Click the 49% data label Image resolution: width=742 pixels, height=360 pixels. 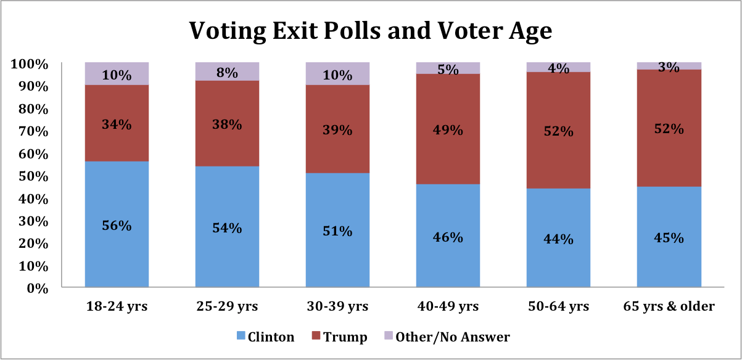448,130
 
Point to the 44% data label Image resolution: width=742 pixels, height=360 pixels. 558,239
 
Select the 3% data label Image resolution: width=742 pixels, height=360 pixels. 669,67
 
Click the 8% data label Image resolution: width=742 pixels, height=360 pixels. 226,72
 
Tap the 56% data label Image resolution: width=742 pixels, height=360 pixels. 117,226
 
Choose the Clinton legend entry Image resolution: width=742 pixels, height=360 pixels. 265,337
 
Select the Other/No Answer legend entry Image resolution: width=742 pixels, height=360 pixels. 445,337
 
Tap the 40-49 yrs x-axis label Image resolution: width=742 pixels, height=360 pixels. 448,306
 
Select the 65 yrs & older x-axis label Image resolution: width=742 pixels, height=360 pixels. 669,306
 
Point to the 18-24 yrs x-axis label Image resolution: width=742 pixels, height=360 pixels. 117,306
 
